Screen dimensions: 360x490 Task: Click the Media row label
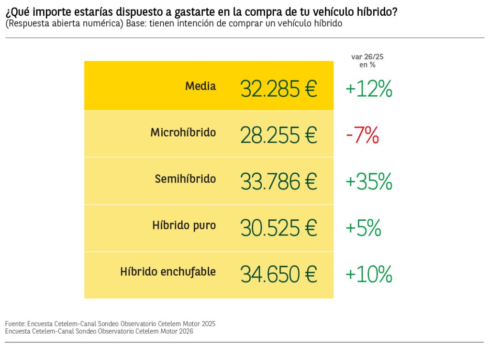tap(200, 86)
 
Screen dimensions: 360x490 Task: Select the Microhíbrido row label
tap(183, 133)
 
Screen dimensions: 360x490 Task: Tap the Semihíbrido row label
tap(185, 179)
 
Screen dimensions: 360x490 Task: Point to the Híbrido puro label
tap(184, 225)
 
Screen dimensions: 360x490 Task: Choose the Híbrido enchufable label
tap(168, 272)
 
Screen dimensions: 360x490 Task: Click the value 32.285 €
tap(278, 89)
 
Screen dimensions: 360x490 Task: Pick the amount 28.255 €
tap(278, 135)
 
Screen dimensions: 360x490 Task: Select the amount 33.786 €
tap(278, 182)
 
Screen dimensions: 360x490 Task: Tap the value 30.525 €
tap(278, 228)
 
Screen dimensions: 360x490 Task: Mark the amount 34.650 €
tap(278, 274)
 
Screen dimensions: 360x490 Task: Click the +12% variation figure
tap(368, 89)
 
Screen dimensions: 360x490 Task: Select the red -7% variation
tap(362, 136)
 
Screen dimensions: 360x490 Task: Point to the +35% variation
tap(368, 182)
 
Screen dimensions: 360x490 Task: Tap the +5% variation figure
tap(363, 228)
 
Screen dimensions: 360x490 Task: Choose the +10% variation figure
tap(368, 274)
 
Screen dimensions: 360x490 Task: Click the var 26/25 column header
tap(367, 60)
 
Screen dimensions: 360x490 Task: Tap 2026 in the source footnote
tap(185, 331)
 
